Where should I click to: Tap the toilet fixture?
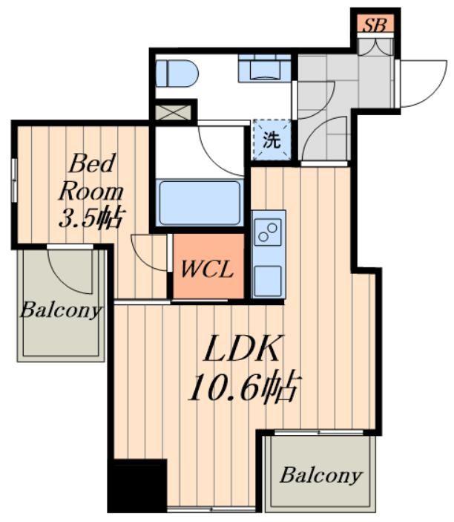[x=177, y=74]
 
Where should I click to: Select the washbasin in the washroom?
[x=264, y=68]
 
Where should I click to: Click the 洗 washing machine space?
[x=272, y=140]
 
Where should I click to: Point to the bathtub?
[x=200, y=203]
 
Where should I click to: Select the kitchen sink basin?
[x=268, y=281]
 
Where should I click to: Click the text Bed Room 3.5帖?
[x=91, y=190]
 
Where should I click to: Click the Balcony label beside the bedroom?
[x=60, y=310]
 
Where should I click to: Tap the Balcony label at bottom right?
[x=321, y=475]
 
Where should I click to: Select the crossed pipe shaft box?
[x=174, y=113]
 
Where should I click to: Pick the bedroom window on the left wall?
[x=14, y=180]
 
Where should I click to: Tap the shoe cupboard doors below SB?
[x=375, y=47]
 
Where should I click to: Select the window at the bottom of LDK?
[x=211, y=509]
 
